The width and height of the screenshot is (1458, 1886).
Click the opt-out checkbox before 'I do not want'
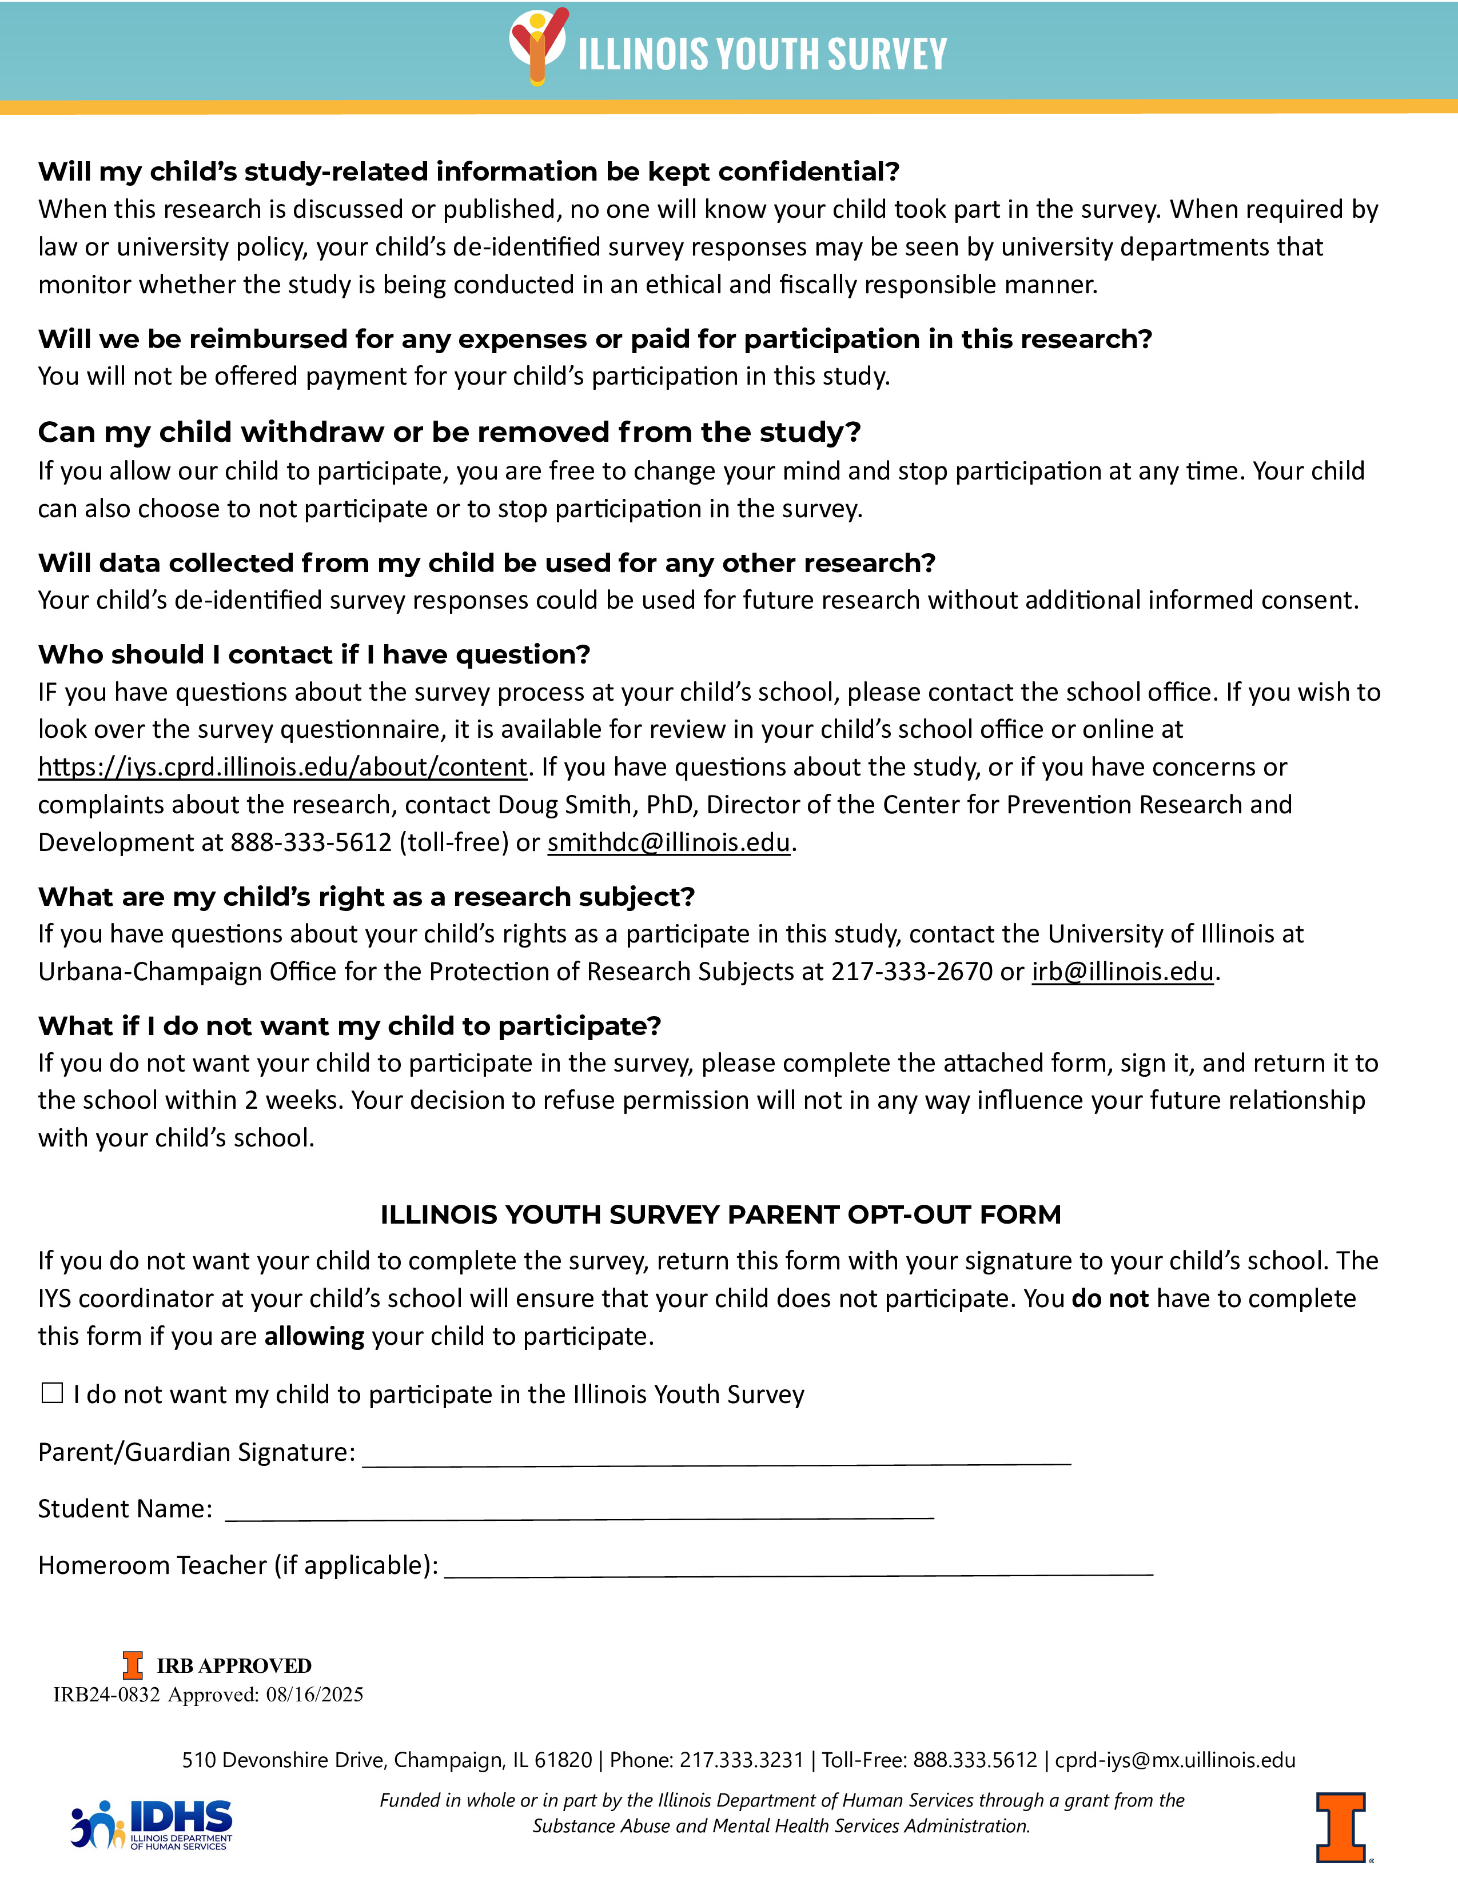point(53,1393)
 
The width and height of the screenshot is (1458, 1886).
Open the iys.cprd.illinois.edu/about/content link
point(282,767)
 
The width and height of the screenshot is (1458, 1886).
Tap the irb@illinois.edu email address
point(1122,972)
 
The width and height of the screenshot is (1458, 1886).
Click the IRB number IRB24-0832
point(106,1695)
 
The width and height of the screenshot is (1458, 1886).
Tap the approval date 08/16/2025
point(314,1695)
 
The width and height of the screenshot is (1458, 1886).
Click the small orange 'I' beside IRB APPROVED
point(132,1665)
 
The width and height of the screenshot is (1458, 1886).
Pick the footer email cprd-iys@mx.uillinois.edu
point(1175,1760)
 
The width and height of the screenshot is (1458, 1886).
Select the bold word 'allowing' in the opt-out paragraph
point(314,1336)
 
